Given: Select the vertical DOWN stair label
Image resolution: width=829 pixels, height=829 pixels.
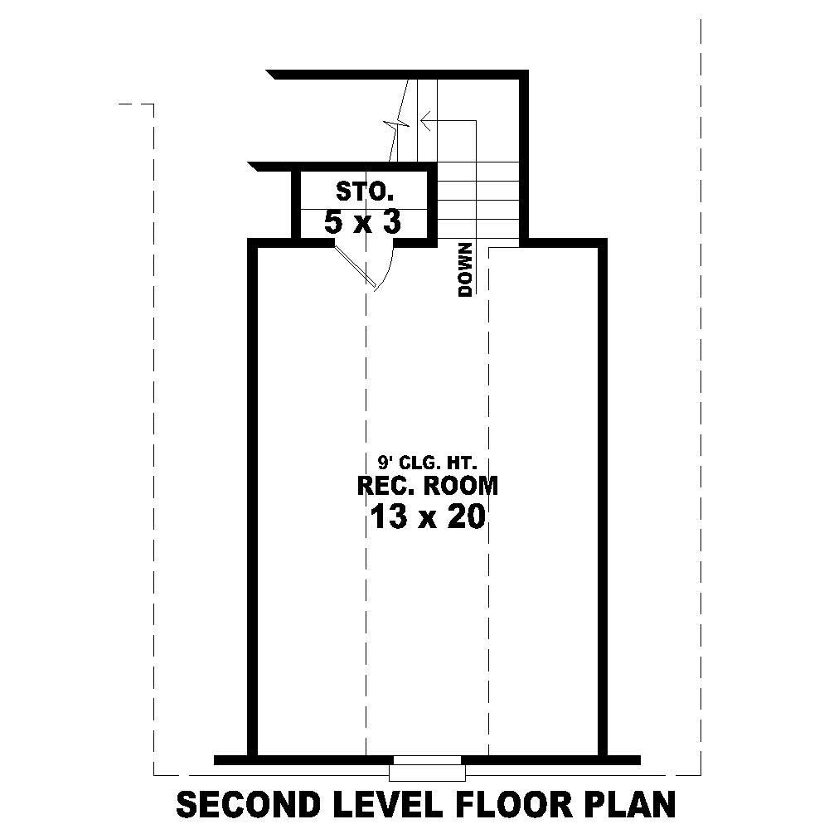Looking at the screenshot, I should [x=465, y=269].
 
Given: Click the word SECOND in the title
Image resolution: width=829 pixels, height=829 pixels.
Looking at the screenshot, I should [x=247, y=804].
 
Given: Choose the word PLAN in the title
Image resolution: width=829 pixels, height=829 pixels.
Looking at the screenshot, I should [x=632, y=804].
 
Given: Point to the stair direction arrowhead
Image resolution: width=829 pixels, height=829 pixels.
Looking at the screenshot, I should [x=425, y=121].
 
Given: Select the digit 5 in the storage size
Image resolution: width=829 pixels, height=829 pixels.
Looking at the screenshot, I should [x=334, y=222].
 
